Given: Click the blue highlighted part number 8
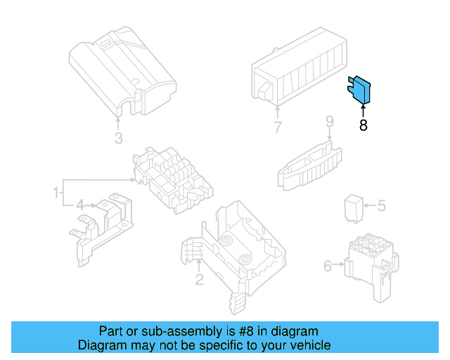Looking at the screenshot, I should tap(361, 91).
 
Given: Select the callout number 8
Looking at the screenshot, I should tap(363, 126).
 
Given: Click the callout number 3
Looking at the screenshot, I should tap(119, 137).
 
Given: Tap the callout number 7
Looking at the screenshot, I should tap(278, 127).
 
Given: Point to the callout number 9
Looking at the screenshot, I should tap(328, 122).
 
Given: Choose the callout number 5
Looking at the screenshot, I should tap(381, 206).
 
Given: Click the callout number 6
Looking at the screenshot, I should tap(328, 266).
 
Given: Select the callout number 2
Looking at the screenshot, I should tap(199, 280).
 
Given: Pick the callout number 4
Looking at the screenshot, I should tap(80, 205).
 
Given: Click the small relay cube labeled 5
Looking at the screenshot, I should tap(353, 207).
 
